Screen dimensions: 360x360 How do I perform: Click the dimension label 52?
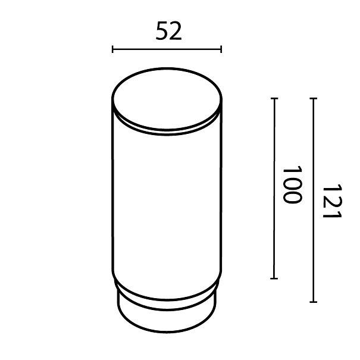169,31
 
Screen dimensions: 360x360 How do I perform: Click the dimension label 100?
292,184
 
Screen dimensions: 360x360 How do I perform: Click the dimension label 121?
332,201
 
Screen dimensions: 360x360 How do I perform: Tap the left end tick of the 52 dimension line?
112,49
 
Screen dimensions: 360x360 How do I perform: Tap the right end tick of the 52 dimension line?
221,49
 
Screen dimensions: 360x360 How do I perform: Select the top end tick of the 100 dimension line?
274,99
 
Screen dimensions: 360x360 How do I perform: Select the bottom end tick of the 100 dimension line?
274,278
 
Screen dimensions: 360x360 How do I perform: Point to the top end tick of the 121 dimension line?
313,99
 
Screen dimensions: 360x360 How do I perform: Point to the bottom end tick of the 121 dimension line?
313,302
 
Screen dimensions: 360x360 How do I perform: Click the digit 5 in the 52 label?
162,31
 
